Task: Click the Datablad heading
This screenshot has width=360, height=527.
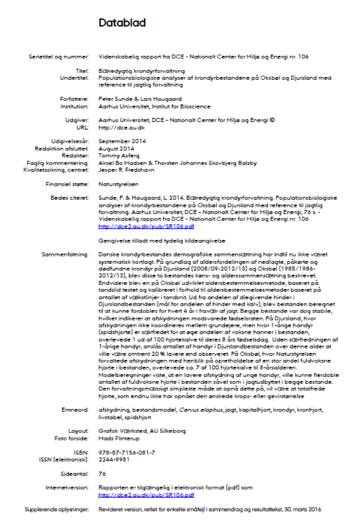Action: [122, 23]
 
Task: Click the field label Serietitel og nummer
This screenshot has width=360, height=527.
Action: [63, 57]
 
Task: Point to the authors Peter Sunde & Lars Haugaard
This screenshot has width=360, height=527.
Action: [140, 99]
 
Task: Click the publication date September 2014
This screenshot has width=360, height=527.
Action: [122, 141]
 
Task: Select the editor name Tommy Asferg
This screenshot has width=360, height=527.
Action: [119, 155]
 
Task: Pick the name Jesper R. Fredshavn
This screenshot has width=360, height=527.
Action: [127, 170]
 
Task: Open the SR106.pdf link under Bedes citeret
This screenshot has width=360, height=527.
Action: [146, 226]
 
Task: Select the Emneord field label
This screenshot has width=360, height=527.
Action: [75, 410]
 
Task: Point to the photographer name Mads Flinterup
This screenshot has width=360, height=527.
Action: [119, 438]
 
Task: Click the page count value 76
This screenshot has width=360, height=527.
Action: [103, 473]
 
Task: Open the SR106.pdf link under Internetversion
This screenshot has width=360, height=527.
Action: [146, 495]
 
